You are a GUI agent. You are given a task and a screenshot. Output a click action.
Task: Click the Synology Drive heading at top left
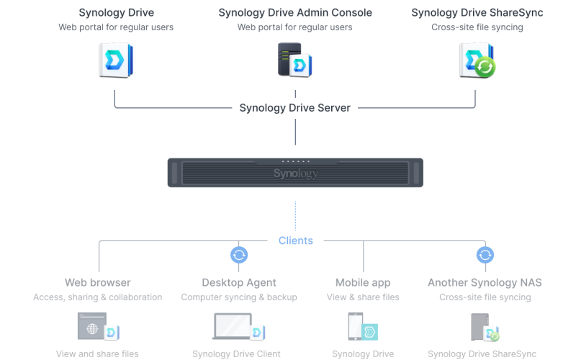click(x=116, y=13)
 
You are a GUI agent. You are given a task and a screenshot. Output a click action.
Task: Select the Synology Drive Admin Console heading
click(x=294, y=13)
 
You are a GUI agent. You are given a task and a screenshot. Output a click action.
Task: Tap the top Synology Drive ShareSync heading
click(x=477, y=13)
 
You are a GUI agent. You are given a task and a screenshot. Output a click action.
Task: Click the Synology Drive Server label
click(x=294, y=108)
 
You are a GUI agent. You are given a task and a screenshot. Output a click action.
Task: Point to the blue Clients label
click(x=295, y=240)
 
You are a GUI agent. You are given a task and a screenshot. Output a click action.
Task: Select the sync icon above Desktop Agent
click(x=239, y=255)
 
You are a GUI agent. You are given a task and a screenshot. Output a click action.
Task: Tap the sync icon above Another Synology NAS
click(x=485, y=255)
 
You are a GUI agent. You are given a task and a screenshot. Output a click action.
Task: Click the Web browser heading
click(x=97, y=282)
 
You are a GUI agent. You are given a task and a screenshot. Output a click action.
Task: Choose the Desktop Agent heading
click(x=239, y=282)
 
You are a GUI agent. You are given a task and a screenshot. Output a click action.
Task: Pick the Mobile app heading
click(x=363, y=282)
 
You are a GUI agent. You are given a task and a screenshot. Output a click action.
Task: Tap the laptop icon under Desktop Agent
click(x=235, y=326)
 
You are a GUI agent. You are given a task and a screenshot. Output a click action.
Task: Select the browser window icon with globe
click(x=93, y=326)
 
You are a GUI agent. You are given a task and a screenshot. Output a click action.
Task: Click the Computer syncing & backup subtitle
click(x=239, y=297)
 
